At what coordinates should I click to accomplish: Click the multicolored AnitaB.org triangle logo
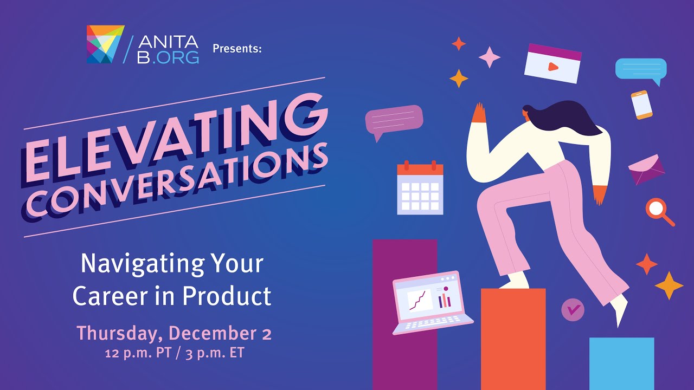(106, 44)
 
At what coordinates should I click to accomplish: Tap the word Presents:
(237, 49)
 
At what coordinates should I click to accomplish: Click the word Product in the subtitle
(227, 296)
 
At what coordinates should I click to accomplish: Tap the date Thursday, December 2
(174, 334)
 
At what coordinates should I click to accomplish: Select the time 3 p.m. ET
(215, 353)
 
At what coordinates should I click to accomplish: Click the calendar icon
(420, 187)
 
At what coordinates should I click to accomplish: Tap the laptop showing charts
(432, 303)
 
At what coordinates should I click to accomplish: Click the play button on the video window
(552, 67)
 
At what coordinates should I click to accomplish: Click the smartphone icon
(641, 105)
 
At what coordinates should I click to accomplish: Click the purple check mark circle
(573, 309)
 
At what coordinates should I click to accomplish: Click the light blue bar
(621, 363)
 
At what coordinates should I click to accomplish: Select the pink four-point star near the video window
(490, 57)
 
